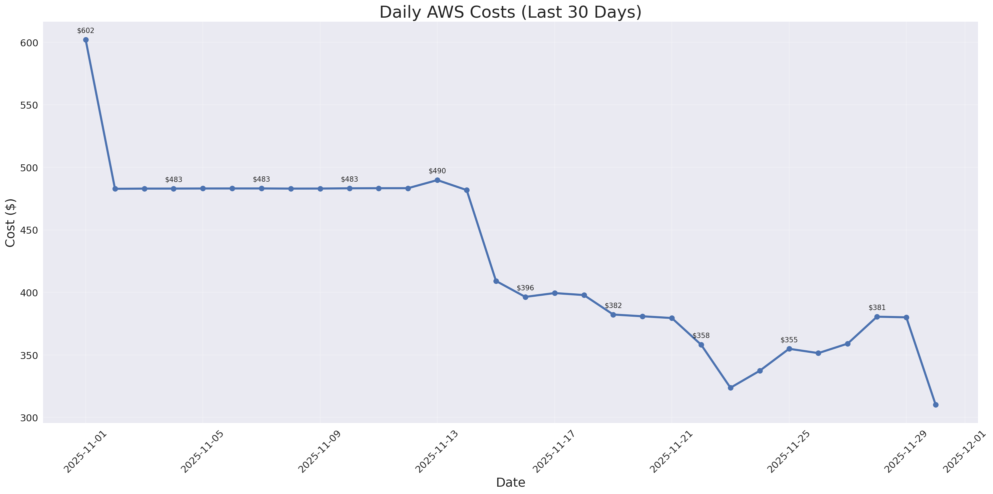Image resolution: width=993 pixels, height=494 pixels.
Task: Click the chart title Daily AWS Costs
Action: (x=510, y=12)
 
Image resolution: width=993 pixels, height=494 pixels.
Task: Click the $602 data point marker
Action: (x=86, y=40)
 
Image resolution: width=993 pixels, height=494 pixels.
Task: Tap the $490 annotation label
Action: (x=437, y=171)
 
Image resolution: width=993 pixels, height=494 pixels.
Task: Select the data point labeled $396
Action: (x=525, y=297)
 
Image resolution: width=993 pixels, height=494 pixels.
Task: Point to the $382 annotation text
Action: (x=613, y=306)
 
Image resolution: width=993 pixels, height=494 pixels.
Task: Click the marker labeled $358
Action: (x=701, y=345)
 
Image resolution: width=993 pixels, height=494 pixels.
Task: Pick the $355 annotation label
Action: (x=789, y=340)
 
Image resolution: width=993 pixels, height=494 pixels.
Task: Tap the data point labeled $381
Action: (x=877, y=317)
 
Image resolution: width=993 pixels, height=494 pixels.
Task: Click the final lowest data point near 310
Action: (x=936, y=405)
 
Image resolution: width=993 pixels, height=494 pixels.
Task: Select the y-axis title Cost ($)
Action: (x=10, y=223)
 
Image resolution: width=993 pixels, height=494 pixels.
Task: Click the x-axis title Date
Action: (x=510, y=482)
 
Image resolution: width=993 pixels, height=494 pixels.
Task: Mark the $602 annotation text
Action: (x=86, y=31)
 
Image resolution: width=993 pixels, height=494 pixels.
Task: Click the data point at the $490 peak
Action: (x=437, y=180)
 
